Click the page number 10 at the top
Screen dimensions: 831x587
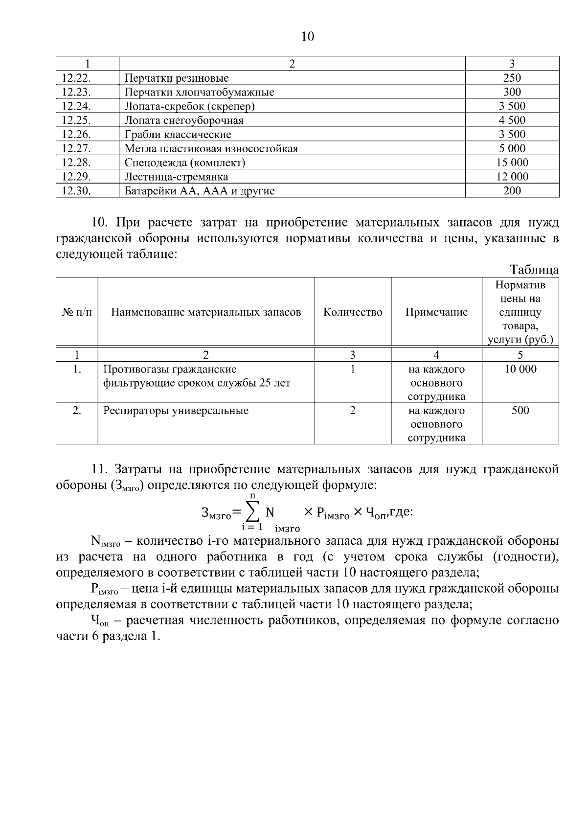(x=308, y=37)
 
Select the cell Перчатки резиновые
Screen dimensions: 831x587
(x=177, y=78)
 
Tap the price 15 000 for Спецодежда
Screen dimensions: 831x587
(x=512, y=162)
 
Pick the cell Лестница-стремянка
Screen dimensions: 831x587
(x=176, y=177)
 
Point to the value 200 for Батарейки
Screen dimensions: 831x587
(x=512, y=191)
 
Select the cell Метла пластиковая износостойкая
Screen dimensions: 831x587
(x=211, y=149)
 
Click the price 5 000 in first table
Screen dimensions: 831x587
(x=512, y=148)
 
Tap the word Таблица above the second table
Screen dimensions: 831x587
(x=534, y=270)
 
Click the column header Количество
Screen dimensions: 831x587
(x=353, y=312)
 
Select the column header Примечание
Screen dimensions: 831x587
(x=436, y=312)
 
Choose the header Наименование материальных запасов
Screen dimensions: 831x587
(x=206, y=312)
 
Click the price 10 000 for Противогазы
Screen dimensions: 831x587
(x=520, y=369)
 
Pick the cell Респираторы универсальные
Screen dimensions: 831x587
(x=176, y=411)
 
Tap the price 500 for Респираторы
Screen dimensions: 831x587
(x=520, y=411)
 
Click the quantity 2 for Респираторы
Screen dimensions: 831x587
(x=353, y=411)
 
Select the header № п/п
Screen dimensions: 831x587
(x=77, y=312)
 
